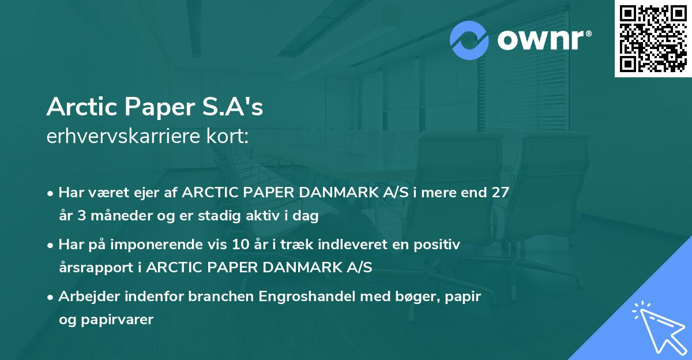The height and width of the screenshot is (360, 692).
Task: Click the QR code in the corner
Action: pyautogui.click(x=653, y=38)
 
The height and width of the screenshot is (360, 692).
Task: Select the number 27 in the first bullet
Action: pyautogui.click(x=500, y=192)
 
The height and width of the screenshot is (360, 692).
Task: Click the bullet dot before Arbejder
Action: pyautogui.click(x=52, y=297)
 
